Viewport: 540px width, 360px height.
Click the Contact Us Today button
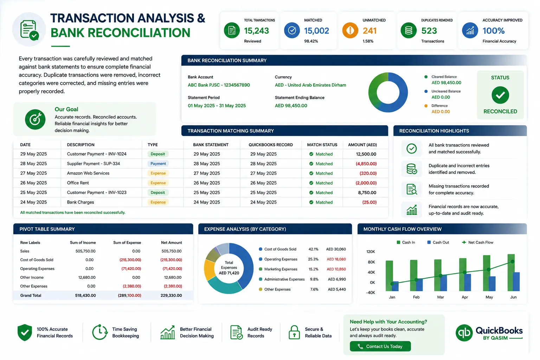point(380,346)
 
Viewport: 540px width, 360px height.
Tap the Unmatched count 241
point(369,31)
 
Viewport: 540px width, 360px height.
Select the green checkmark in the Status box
point(500,95)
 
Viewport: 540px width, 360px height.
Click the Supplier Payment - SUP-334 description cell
point(93,163)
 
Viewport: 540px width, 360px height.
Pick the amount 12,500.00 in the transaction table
point(366,154)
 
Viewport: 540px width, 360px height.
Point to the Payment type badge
point(158,163)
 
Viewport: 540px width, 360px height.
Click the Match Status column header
point(322,145)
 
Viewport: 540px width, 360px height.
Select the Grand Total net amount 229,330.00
point(171,295)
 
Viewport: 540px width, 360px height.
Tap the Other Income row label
point(32,277)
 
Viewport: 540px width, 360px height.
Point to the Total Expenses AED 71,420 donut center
point(229,268)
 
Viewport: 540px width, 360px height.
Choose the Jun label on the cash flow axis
point(513,297)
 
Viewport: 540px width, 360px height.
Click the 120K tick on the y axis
point(371,252)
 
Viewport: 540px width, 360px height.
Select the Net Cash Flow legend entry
point(477,242)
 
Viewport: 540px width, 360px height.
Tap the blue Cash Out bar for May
point(492,284)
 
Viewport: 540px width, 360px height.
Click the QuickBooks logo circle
point(464,333)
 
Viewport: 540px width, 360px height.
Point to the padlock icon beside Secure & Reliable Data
point(294,332)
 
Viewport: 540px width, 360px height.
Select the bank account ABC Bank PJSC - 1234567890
point(219,85)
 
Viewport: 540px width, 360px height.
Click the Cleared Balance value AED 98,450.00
point(446,83)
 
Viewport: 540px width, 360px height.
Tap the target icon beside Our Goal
point(35,120)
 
